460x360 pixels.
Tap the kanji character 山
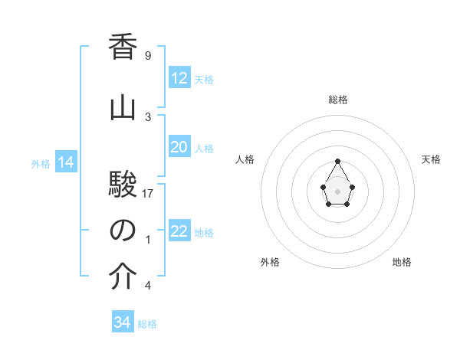coord(123,107)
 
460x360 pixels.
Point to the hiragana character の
coord(123,230)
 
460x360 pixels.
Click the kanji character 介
coord(123,277)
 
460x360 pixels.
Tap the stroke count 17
coord(149,193)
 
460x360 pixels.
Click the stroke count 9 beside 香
coord(148,56)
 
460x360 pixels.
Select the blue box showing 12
coord(179,78)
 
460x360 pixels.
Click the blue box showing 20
coord(179,147)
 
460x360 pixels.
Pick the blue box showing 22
coord(179,231)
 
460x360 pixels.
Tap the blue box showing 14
coord(65,162)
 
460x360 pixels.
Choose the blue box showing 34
coord(123,322)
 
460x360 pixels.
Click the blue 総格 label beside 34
coord(147,324)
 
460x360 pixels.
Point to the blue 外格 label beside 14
coord(41,163)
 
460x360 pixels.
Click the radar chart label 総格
coord(338,100)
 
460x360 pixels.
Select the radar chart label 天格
coord(431,159)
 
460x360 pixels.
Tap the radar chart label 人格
coord(245,159)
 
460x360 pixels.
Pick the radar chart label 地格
coord(402,262)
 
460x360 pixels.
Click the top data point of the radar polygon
coord(338,161)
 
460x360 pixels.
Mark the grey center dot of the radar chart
coord(338,190)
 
